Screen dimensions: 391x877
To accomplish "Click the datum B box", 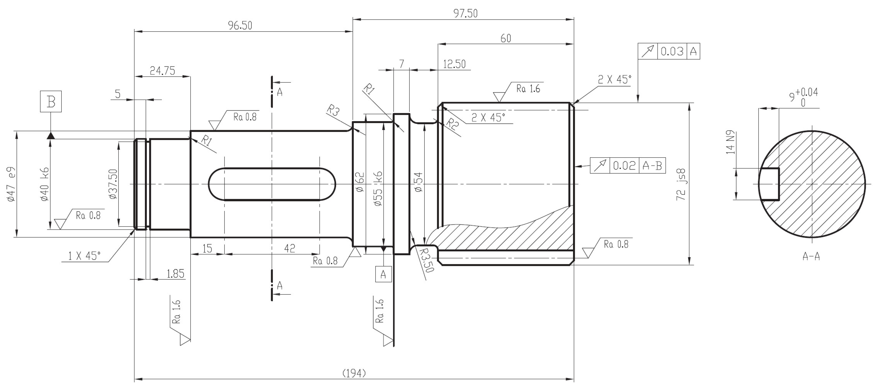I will [51, 102].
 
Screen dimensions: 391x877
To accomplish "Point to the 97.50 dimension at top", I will [465, 14].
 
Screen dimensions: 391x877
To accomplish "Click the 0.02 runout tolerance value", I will [624, 166].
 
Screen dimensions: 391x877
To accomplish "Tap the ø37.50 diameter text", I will [113, 184].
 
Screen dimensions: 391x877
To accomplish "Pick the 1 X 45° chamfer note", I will [84, 256].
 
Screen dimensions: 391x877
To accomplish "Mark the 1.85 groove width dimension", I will [175, 274].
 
